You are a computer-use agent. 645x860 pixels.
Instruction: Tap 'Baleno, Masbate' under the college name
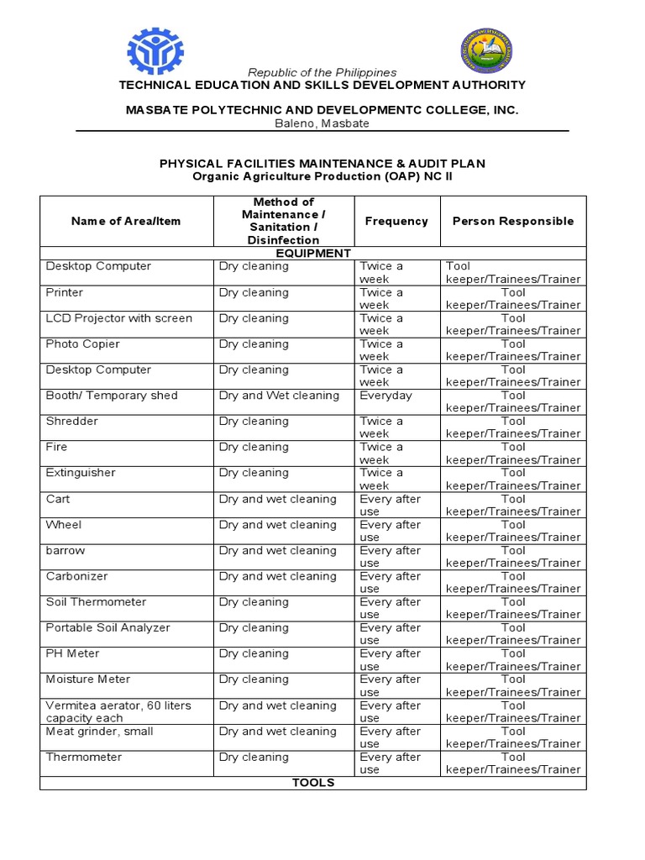pos(322,123)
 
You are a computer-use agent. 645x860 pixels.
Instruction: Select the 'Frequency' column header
pos(396,221)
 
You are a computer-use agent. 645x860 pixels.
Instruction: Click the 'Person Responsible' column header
pos(513,221)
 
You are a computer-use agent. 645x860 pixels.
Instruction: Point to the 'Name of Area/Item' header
pos(126,221)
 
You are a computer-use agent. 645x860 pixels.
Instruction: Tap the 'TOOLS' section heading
pos(312,783)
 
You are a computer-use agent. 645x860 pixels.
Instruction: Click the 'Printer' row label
pos(65,292)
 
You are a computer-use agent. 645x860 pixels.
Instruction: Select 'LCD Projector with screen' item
pos(118,318)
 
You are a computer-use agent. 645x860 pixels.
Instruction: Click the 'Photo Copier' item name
pos(82,344)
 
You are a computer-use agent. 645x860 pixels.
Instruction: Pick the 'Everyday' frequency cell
pos(385,396)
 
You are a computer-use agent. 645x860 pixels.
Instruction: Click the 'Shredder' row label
pos(71,422)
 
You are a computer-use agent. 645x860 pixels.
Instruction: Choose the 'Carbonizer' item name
pos(76,577)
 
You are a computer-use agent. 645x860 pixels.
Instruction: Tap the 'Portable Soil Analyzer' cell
pos(107,628)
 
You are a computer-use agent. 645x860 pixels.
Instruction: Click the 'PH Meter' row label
pos(72,653)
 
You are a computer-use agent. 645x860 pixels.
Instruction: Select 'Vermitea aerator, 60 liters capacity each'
pos(118,711)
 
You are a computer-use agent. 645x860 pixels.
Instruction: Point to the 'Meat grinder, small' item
pos(99,732)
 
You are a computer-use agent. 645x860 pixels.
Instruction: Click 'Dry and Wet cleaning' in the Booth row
pos(279,396)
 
